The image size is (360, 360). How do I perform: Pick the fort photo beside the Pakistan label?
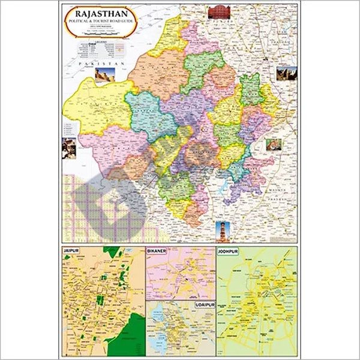coord(104,75)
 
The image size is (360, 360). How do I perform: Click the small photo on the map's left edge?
coord(68,147)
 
